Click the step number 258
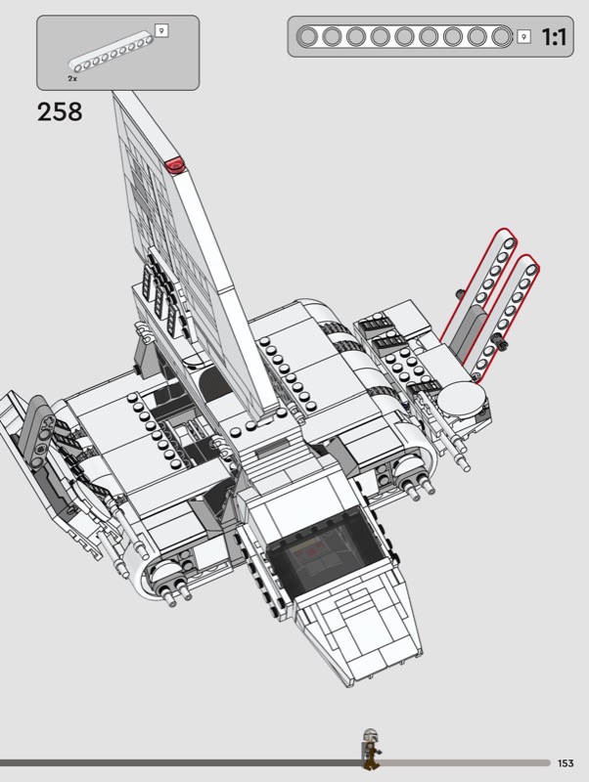click(x=60, y=111)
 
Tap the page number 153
click(x=566, y=763)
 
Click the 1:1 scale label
click(x=554, y=37)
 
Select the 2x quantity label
click(x=72, y=79)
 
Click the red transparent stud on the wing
click(x=175, y=165)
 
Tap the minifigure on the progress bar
click(x=371, y=748)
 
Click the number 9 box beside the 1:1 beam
click(x=523, y=36)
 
